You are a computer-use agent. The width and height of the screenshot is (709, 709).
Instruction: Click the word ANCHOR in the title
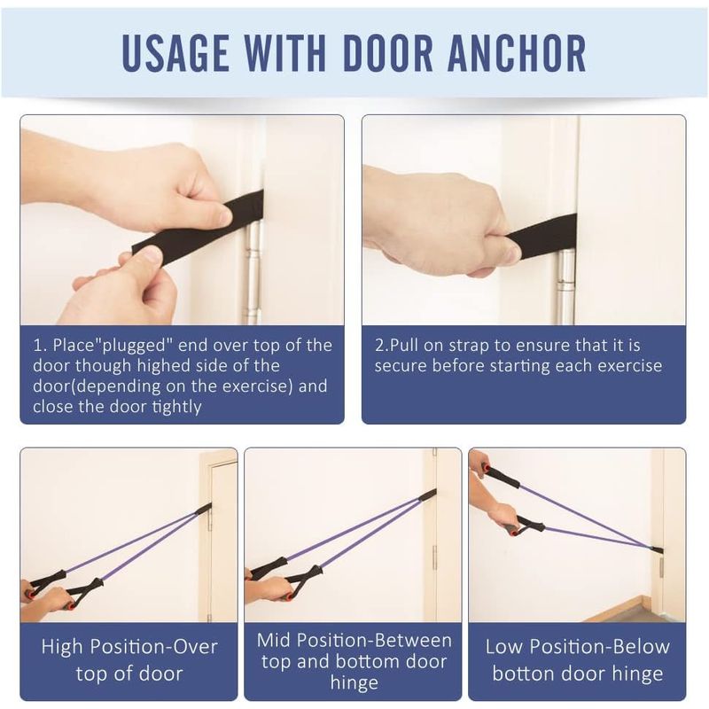pos(517,53)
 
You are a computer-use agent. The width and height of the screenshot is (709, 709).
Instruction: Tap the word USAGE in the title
pos(175,53)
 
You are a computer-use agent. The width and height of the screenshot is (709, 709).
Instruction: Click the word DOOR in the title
pos(388,53)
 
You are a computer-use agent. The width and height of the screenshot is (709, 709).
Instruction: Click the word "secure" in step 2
pos(400,366)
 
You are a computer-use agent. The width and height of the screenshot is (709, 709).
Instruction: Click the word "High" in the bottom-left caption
pos(63,647)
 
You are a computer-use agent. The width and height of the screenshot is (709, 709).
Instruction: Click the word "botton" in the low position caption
pos(523,674)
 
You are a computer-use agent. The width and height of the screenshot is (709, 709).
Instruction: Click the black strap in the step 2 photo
pos(541,231)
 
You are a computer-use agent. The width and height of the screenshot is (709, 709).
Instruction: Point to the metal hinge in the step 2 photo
pos(565,287)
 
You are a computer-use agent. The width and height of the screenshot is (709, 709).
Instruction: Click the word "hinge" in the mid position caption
pos(354,683)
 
